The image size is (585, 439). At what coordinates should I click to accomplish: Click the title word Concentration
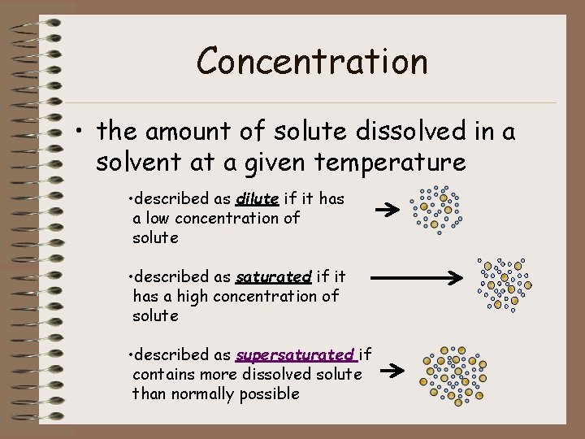tap(312, 61)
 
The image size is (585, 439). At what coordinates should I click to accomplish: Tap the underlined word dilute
tap(258, 199)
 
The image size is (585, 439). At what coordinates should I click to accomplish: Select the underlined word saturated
tap(274, 277)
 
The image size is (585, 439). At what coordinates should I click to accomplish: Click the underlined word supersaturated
tap(295, 355)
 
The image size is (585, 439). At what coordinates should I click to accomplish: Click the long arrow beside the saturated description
tap(416, 278)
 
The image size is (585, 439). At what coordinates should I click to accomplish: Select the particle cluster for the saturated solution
tap(504, 282)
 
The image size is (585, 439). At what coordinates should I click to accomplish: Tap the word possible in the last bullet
tap(270, 394)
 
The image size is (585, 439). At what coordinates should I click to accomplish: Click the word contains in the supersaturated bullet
tap(161, 375)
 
